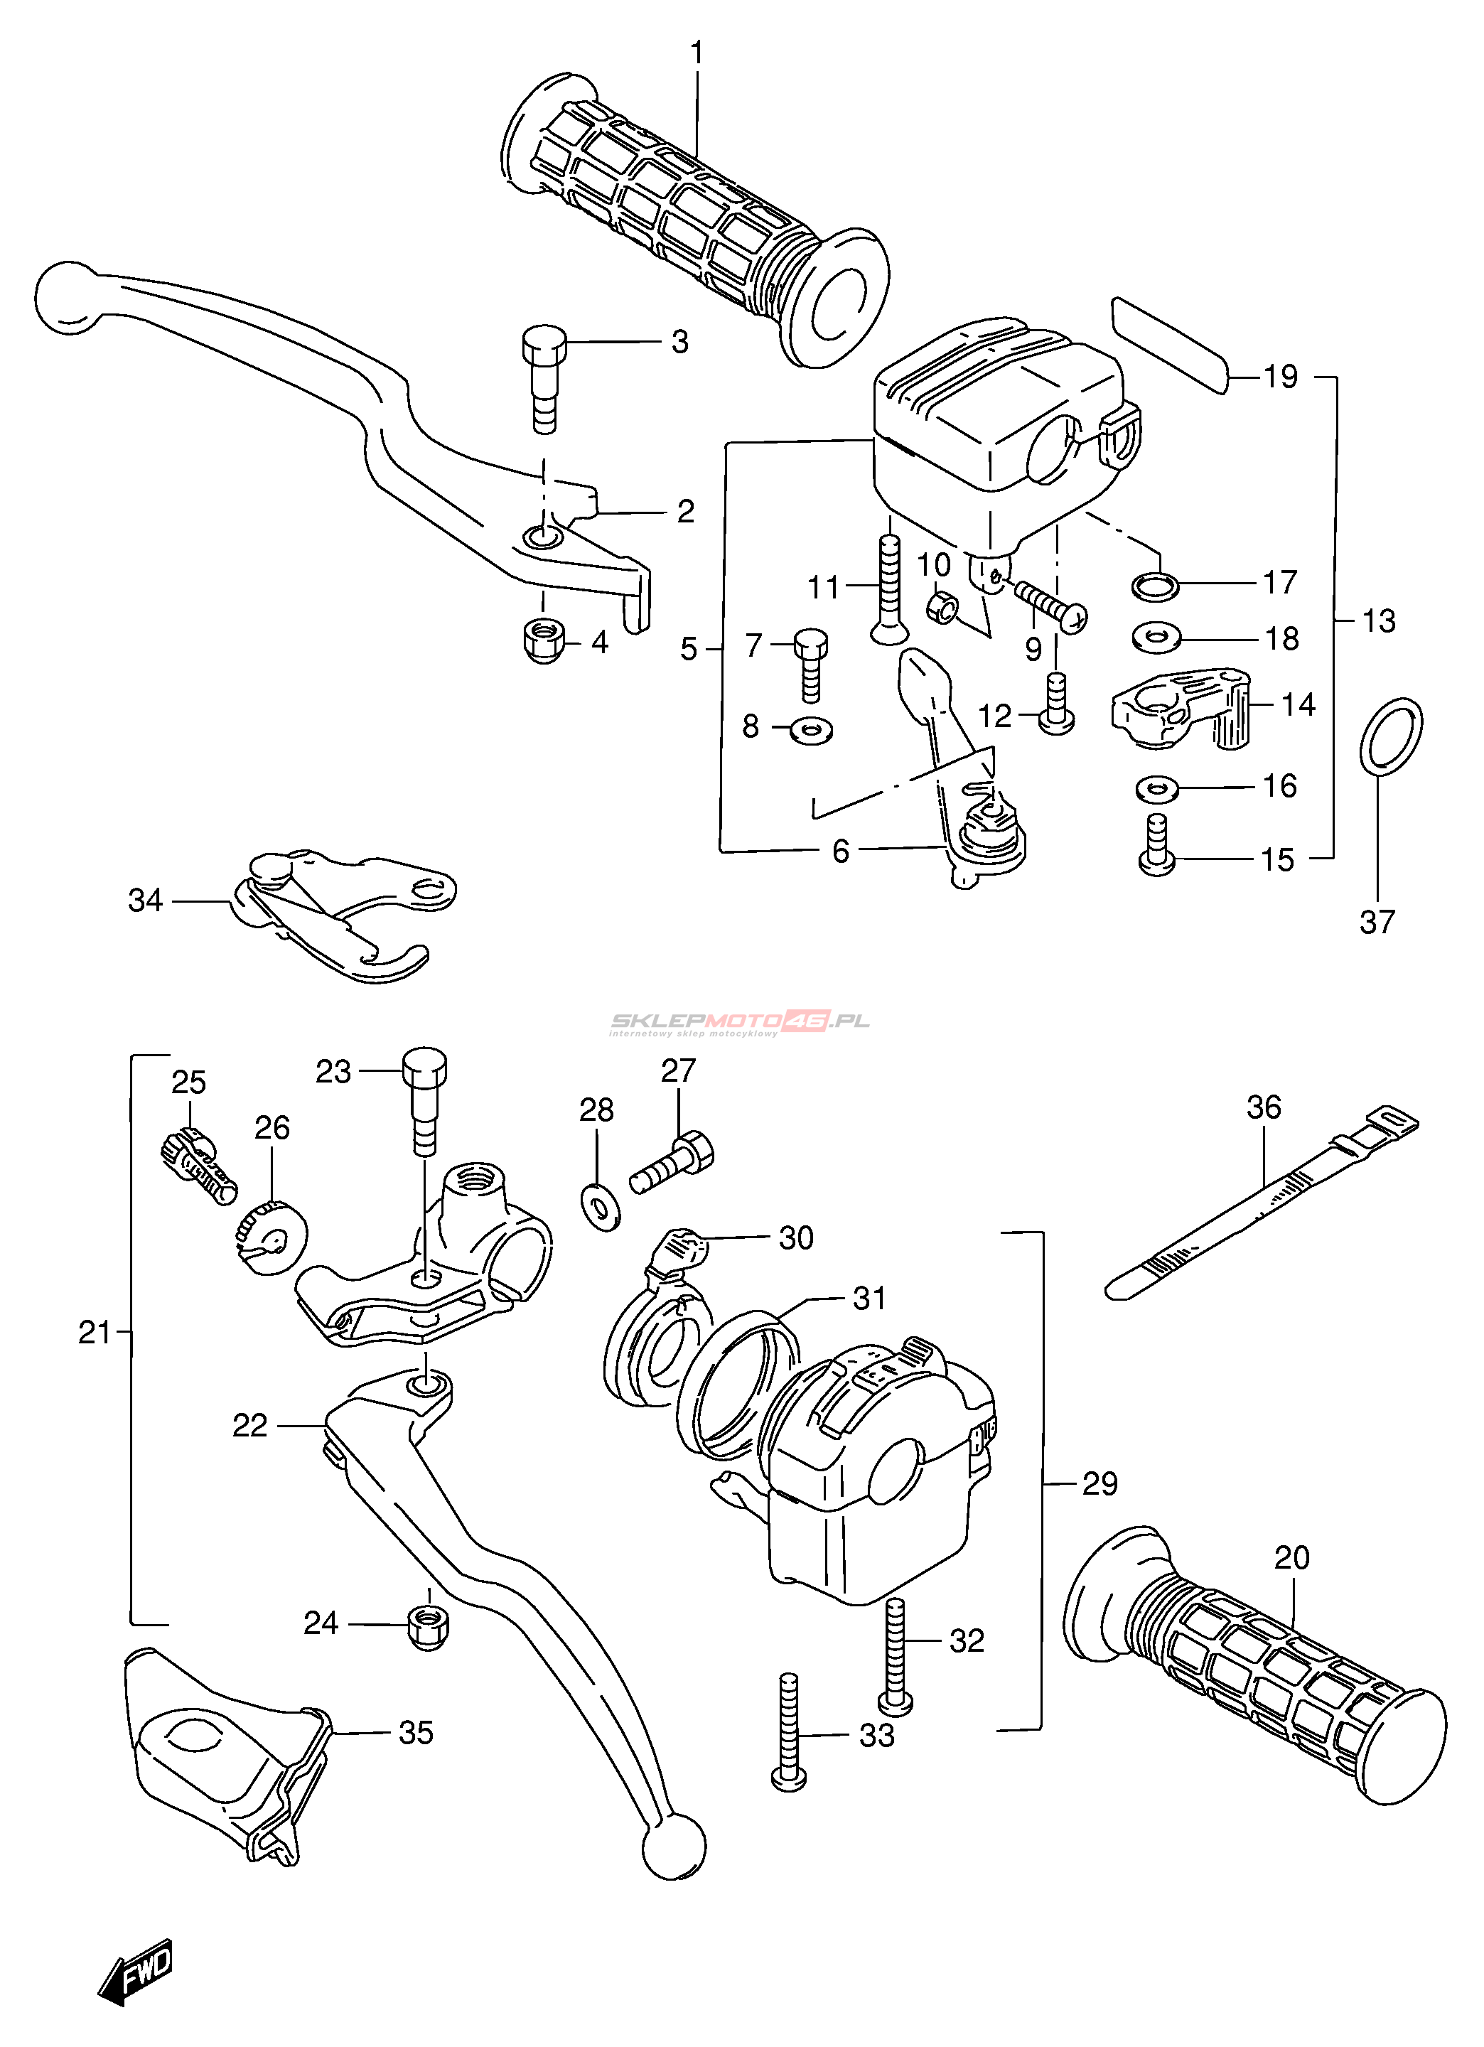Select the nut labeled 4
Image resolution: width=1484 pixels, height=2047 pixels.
(x=544, y=642)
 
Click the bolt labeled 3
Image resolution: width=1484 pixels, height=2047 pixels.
(x=544, y=378)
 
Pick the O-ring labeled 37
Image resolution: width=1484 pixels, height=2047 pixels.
(x=1390, y=736)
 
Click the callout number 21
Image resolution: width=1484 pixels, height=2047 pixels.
(x=94, y=1332)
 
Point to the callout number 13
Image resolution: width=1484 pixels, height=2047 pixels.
(x=1378, y=621)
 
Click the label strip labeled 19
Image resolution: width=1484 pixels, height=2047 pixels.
(x=1171, y=345)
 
